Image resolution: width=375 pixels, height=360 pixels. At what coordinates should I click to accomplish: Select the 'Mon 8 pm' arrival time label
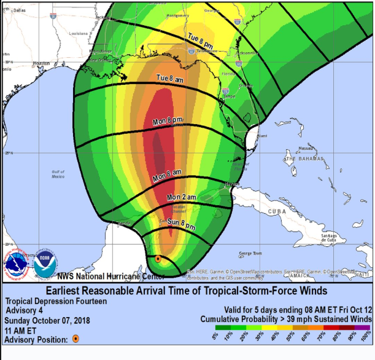point(167,120)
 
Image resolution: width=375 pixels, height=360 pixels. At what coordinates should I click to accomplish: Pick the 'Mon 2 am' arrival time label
point(181,197)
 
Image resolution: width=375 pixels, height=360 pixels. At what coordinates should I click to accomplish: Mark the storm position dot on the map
point(158,259)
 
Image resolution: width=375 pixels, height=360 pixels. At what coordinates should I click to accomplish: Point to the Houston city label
point(41,63)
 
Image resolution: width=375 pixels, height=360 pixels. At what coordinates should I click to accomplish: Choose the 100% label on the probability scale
point(366,337)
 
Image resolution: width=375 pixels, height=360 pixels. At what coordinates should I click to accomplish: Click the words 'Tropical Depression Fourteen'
point(56,301)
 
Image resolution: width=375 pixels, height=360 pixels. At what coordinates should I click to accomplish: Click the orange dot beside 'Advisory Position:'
point(75,338)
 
